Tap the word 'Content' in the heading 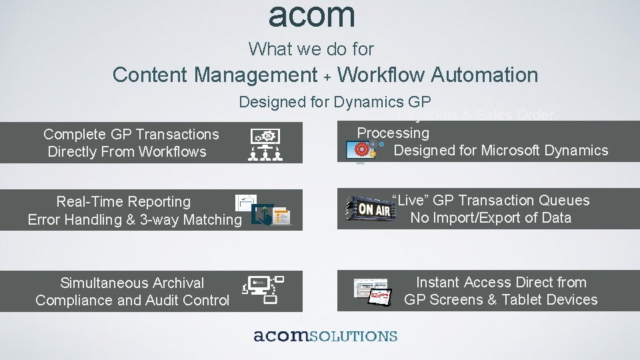pyautogui.click(x=150, y=75)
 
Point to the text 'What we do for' pyautogui.click(x=311, y=49)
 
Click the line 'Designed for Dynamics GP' pyautogui.click(x=335, y=102)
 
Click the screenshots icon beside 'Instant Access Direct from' pyautogui.click(x=371, y=291)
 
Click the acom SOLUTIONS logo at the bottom pyautogui.click(x=325, y=336)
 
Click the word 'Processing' pyautogui.click(x=393, y=133)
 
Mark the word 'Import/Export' pyautogui.click(x=476, y=218)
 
